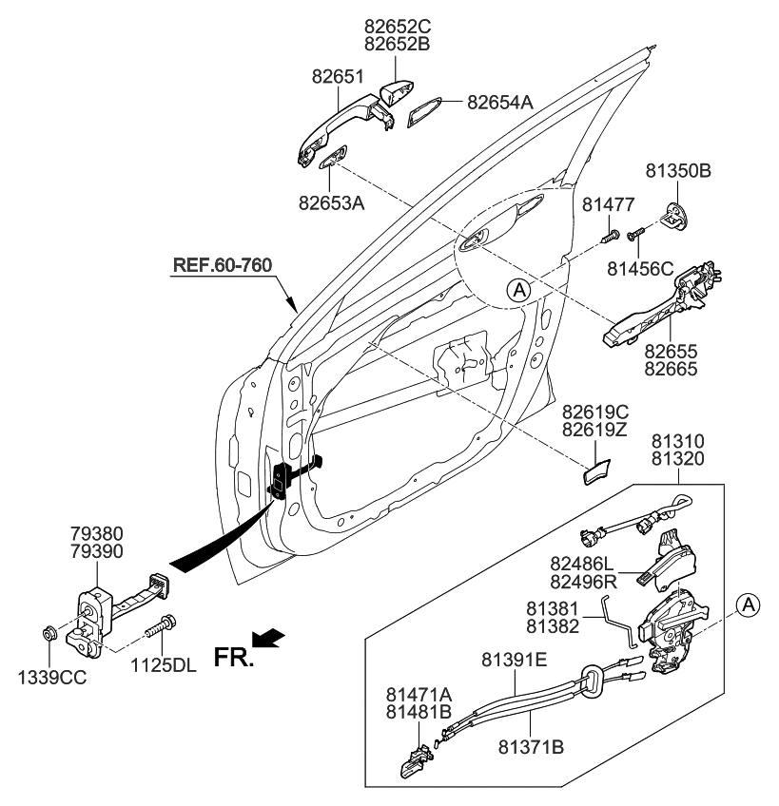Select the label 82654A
[x=500, y=102]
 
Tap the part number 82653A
[x=331, y=202]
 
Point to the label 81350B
[x=679, y=172]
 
